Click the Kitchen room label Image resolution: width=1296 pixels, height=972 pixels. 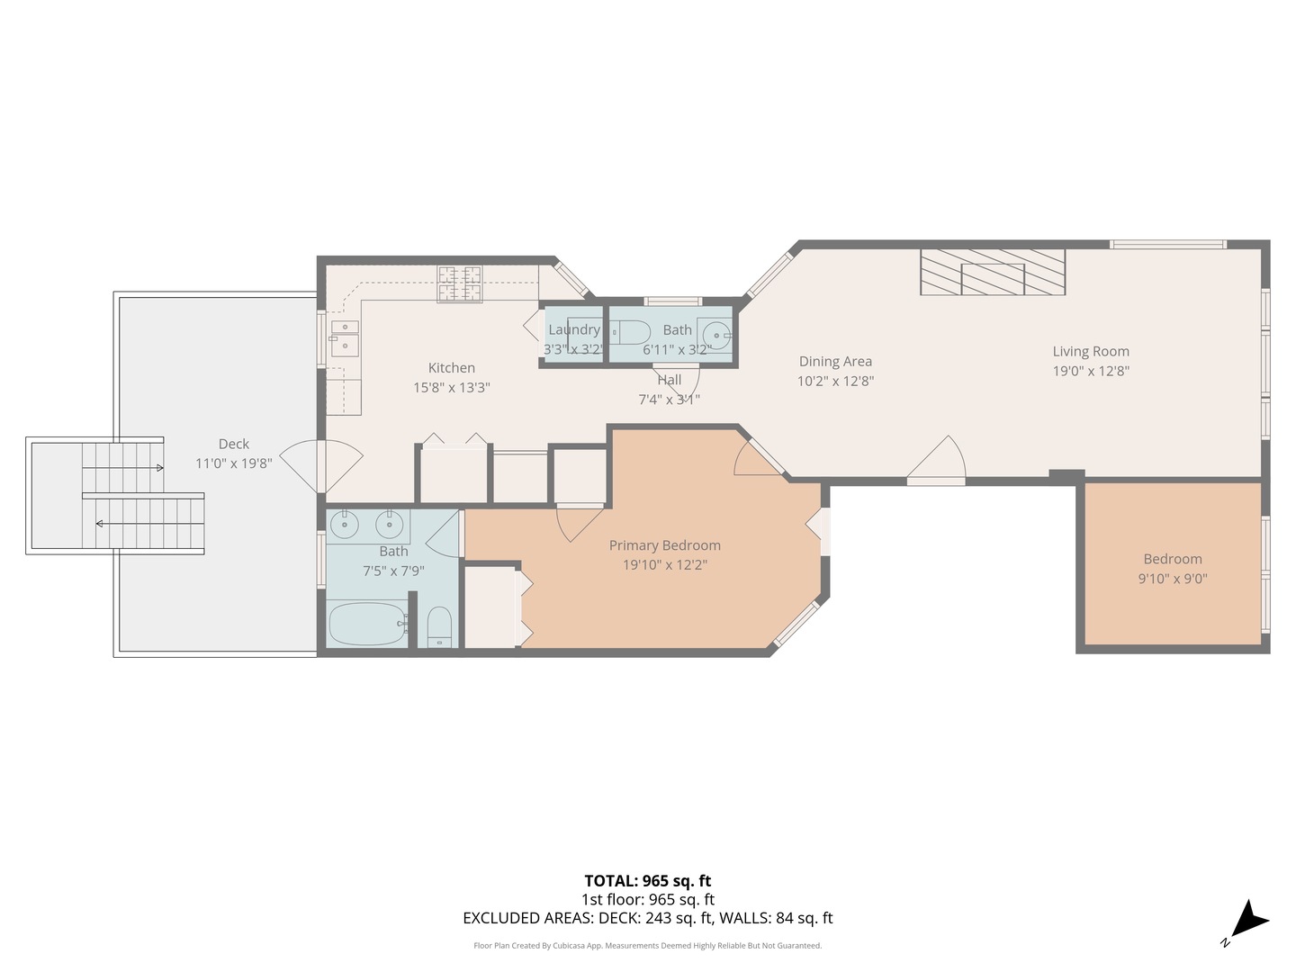(451, 367)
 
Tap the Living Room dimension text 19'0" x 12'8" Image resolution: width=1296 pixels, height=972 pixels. (1091, 371)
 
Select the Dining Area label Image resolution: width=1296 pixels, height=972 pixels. (835, 361)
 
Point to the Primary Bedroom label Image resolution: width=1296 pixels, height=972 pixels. (664, 544)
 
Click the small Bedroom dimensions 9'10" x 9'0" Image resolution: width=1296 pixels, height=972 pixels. (1172, 579)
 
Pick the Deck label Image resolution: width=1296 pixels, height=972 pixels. (233, 444)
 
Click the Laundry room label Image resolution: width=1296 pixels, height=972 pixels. (573, 329)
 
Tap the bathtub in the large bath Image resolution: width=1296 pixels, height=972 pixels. (366, 624)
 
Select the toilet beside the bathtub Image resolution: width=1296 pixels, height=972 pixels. (439, 625)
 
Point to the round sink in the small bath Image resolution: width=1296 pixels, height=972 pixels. (717, 331)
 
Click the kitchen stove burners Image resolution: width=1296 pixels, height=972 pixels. (460, 284)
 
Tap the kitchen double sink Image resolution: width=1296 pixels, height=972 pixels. (344, 335)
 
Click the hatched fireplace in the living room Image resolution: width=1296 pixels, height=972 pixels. (992, 272)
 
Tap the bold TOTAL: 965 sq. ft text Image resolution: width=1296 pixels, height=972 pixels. (647, 881)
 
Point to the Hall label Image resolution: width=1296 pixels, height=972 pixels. (669, 380)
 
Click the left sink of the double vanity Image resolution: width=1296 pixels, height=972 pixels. (344, 524)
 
